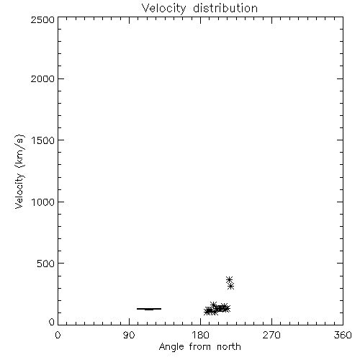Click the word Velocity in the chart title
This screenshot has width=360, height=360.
(163, 9)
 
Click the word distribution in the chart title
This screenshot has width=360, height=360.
(225, 8)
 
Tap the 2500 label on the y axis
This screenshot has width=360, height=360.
(42, 19)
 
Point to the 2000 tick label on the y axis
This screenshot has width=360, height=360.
(42, 78)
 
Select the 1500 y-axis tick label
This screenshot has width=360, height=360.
(43, 140)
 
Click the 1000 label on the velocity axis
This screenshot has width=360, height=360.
(43, 202)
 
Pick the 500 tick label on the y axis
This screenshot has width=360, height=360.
(46, 264)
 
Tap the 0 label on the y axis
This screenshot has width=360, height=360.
(52, 322)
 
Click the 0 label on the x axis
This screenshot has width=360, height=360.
(58, 335)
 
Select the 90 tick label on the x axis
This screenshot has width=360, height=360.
(129, 335)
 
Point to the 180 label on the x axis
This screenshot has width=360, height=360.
(200, 335)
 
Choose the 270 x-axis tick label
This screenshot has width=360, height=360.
(271, 335)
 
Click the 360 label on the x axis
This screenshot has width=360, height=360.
(343, 335)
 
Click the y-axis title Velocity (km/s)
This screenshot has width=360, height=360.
(19, 171)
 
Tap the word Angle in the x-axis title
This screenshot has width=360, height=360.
(171, 347)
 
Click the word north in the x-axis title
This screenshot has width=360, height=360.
(229, 346)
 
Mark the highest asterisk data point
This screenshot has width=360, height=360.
(229, 279)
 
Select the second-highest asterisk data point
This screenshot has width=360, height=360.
(230, 286)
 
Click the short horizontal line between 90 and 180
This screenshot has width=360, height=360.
(149, 309)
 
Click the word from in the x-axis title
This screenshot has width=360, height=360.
(200, 346)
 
